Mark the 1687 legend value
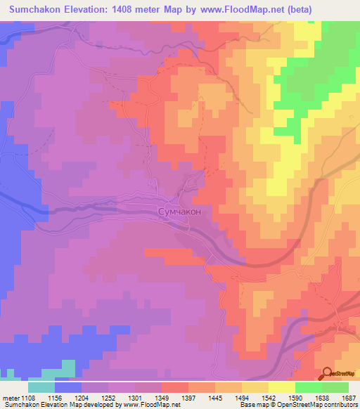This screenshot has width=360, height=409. [x=347, y=398]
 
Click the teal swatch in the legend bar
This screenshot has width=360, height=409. [x=41, y=387]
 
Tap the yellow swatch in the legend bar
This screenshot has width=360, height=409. [x=282, y=387]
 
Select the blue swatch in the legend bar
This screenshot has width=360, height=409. [x=68, y=387]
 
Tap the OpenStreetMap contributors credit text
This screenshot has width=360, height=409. [x=316, y=405]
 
